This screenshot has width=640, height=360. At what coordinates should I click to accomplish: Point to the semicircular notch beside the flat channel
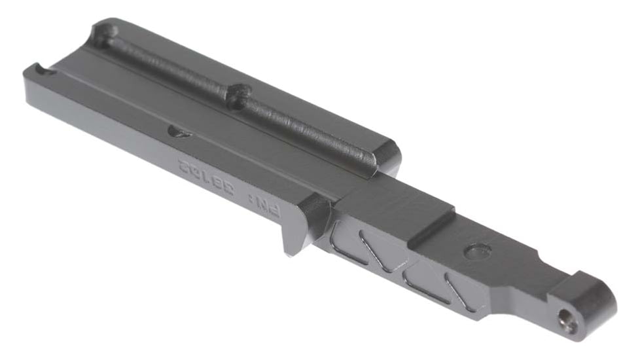179,132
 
